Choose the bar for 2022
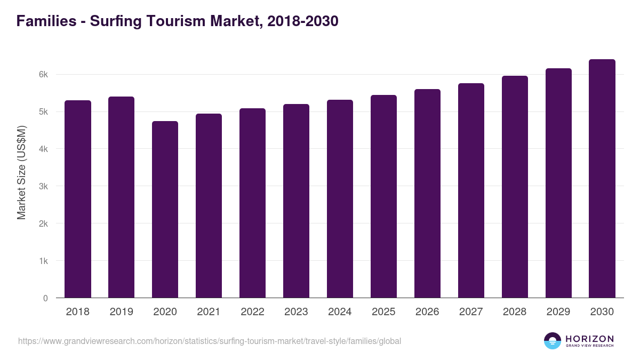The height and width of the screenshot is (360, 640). (x=252, y=203)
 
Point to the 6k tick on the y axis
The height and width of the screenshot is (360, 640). (x=43, y=75)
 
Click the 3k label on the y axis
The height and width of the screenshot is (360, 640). (x=43, y=187)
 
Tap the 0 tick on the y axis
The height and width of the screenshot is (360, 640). (x=45, y=298)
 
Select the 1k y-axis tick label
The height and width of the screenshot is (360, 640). (x=43, y=261)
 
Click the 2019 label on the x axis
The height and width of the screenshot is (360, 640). (x=122, y=312)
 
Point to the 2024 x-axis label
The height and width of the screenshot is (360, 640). (x=340, y=312)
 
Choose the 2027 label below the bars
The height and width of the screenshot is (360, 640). (x=471, y=312)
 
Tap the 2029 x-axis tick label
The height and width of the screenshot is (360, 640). (x=558, y=312)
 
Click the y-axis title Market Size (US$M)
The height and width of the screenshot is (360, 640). (x=21, y=172)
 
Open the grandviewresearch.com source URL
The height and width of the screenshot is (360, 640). (x=210, y=341)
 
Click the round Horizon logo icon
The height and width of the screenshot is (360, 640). (x=553, y=341)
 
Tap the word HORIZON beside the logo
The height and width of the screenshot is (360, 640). (x=589, y=339)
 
